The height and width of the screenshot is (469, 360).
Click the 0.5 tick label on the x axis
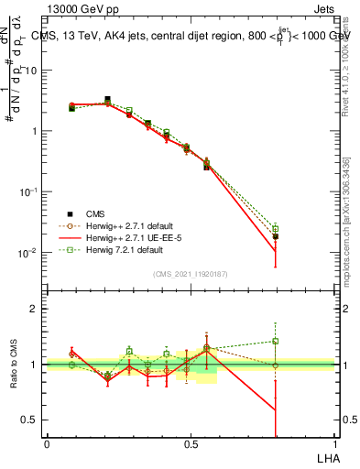click(x=191, y=443)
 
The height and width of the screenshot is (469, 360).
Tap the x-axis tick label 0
click(x=47, y=443)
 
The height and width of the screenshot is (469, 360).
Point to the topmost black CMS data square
click(x=108, y=100)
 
